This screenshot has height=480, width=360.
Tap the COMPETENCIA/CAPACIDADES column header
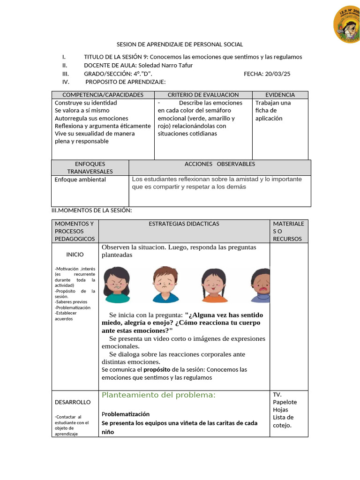(103, 95)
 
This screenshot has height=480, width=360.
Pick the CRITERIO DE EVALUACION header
(203, 95)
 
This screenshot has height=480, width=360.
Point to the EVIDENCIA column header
(280, 95)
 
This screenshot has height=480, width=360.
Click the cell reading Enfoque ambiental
(80, 180)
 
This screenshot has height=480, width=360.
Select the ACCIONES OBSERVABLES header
(219, 164)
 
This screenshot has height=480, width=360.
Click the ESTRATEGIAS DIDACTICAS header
(184, 224)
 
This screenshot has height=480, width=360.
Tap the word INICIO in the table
(75, 255)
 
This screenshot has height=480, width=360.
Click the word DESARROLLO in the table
(73, 402)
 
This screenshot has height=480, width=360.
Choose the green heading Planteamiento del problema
(158, 395)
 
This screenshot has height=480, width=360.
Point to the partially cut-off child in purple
(260, 285)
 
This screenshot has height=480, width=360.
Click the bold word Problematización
(126, 414)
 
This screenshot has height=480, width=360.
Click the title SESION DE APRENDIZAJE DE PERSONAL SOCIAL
(180, 45)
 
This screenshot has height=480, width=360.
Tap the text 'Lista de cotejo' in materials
(283, 421)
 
